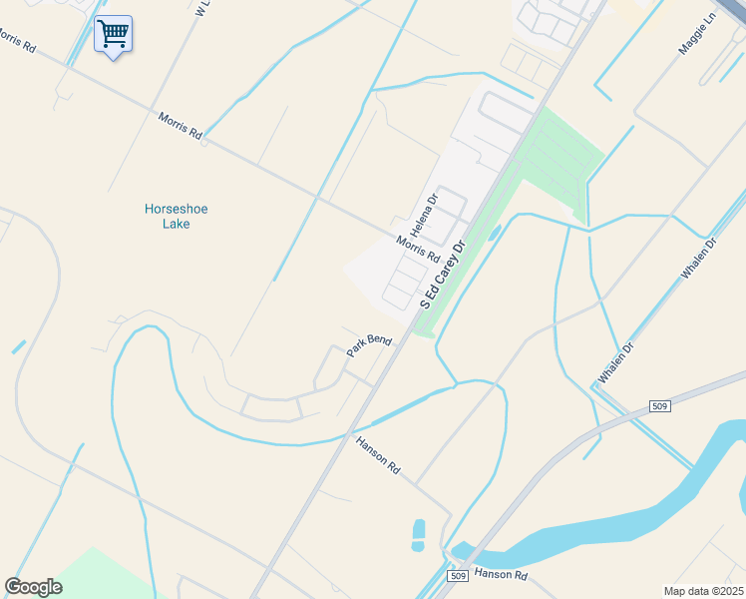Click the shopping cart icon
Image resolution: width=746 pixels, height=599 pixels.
click(x=113, y=34)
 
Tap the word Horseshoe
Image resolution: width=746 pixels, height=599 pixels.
click(x=177, y=209)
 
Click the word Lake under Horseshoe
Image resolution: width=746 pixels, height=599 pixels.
click(x=177, y=224)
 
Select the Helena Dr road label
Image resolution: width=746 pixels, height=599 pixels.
click(x=425, y=213)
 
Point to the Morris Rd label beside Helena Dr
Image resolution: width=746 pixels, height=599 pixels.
click(x=417, y=249)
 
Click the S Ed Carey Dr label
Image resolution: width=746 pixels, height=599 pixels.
click(x=444, y=274)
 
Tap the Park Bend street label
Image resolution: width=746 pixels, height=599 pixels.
click(x=368, y=346)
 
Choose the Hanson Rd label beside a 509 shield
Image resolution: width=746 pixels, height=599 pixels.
click(x=501, y=574)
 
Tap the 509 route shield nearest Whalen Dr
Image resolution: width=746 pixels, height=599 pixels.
click(x=657, y=406)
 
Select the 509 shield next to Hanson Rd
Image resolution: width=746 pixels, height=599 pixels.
click(x=458, y=576)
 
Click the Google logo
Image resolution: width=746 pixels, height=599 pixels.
click(x=34, y=587)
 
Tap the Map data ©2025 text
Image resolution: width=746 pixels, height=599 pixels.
click(x=702, y=591)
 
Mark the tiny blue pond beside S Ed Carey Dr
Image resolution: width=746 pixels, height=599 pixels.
click(x=496, y=233)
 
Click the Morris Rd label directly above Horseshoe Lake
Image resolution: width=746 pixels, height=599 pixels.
click(x=180, y=125)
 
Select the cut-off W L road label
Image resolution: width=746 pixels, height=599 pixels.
click(x=203, y=9)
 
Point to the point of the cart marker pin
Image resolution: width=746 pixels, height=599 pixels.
click(x=113, y=58)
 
